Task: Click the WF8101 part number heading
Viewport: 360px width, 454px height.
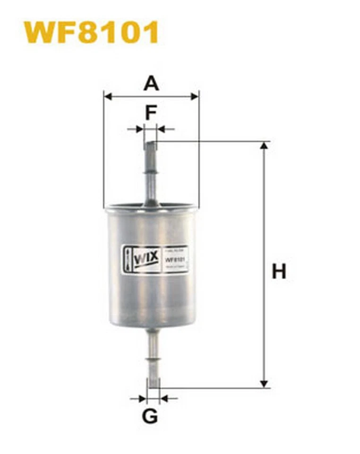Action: [x=91, y=32]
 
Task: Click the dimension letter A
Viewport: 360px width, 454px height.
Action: [x=151, y=83]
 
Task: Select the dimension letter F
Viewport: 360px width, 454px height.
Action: [x=151, y=113]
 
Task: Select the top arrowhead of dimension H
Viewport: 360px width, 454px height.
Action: [x=264, y=145]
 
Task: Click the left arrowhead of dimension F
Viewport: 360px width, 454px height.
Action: [x=139, y=129]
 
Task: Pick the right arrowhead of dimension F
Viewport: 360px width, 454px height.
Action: [x=161, y=129]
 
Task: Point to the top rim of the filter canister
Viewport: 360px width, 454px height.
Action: [x=151, y=207]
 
